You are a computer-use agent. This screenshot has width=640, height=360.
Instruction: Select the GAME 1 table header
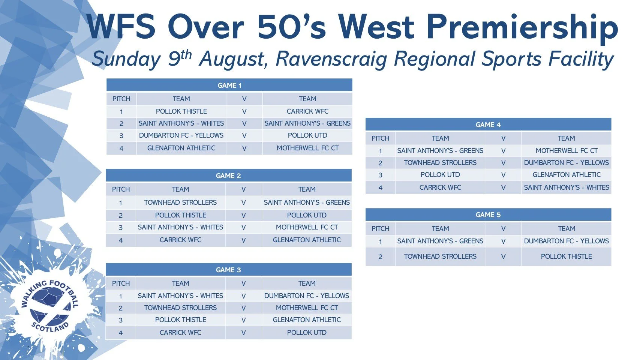pos(229,85)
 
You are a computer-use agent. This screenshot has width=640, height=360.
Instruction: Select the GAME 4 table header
pos(488,124)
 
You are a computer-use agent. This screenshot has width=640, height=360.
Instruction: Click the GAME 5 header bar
pos(488,214)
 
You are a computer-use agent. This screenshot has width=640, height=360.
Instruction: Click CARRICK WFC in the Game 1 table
pos(307,111)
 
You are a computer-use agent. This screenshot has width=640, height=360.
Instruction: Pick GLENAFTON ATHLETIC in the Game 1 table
pos(181,148)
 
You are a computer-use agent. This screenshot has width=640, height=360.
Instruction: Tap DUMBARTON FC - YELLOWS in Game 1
pos(181,135)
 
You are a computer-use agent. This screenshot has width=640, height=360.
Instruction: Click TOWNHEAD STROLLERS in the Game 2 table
pos(180,202)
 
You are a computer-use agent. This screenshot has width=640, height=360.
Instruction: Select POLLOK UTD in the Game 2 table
pos(307,215)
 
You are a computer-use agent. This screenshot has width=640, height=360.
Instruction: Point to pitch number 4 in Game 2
pos(121,240)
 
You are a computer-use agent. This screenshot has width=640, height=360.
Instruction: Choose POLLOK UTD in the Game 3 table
pos(307,333)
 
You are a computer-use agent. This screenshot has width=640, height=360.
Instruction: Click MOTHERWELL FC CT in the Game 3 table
pos(307,308)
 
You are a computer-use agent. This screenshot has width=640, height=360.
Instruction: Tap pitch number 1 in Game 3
pos(121,296)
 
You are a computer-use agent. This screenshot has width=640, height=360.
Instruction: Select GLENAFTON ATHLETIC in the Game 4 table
pos(567,175)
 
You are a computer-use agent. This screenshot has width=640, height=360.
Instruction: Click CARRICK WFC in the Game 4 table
pos(440,187)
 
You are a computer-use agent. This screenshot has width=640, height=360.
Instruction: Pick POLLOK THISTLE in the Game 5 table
pos(566,256)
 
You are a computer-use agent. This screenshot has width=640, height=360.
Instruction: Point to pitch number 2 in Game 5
pos(380,257)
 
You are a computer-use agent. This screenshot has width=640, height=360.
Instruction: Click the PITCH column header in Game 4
pos(380,138)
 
